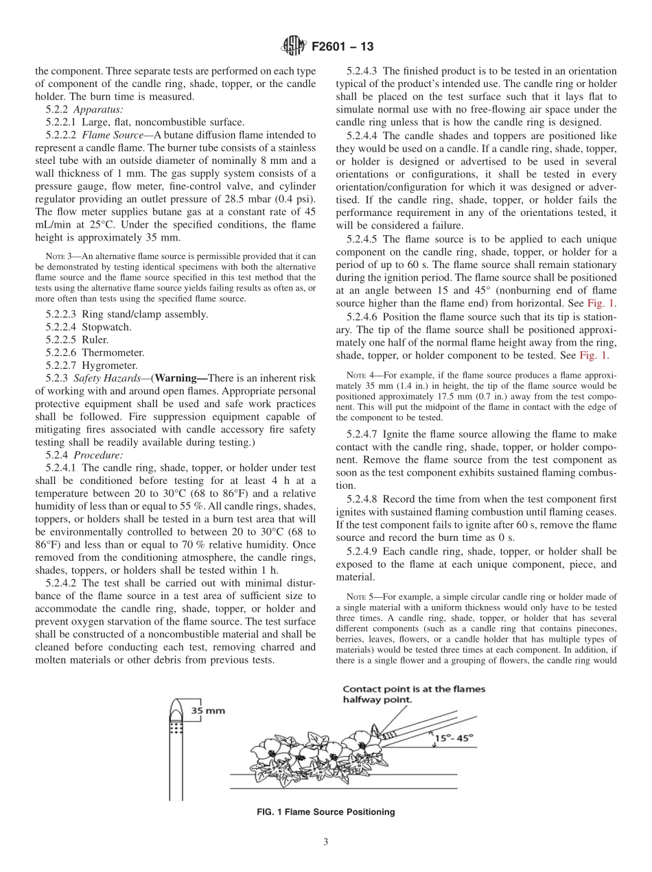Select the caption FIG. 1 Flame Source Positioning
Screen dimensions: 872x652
[325, 812]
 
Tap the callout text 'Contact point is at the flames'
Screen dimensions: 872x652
[413, 689]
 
